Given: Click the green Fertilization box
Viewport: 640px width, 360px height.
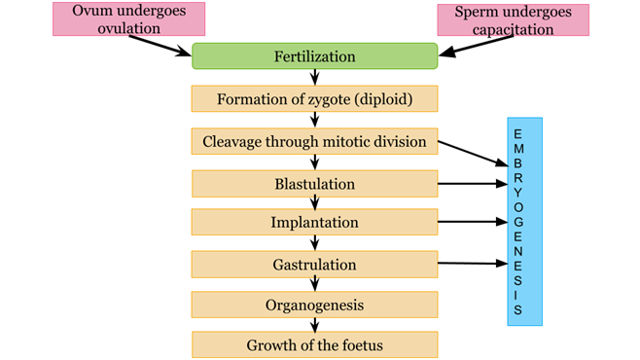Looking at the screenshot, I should coord(313,56).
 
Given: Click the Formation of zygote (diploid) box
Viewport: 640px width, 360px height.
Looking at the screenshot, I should coord(314,99).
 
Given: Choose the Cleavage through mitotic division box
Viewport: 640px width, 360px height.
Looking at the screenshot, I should coord(314,141).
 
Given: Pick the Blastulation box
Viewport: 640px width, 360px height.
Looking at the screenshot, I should coord(314,183).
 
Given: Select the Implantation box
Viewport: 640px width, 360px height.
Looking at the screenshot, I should coord(314,223).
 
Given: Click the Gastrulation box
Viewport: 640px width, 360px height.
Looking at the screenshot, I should coord(314,264).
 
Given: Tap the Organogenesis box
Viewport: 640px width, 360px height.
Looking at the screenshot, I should coord(314,305).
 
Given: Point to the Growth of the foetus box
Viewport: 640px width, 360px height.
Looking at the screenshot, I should coord(314,345).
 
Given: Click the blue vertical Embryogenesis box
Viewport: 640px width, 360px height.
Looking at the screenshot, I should coord(524,221).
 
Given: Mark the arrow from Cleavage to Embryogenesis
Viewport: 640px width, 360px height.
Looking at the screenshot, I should coord(472,154).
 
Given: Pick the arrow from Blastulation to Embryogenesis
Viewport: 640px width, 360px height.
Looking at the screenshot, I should coord(472,183).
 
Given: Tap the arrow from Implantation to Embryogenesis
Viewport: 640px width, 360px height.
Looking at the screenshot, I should coord(472,223).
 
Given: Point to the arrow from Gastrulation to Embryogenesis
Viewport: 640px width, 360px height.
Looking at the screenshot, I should coord(472,263).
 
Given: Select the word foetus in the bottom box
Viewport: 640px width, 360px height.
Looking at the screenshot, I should coord(358,345).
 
